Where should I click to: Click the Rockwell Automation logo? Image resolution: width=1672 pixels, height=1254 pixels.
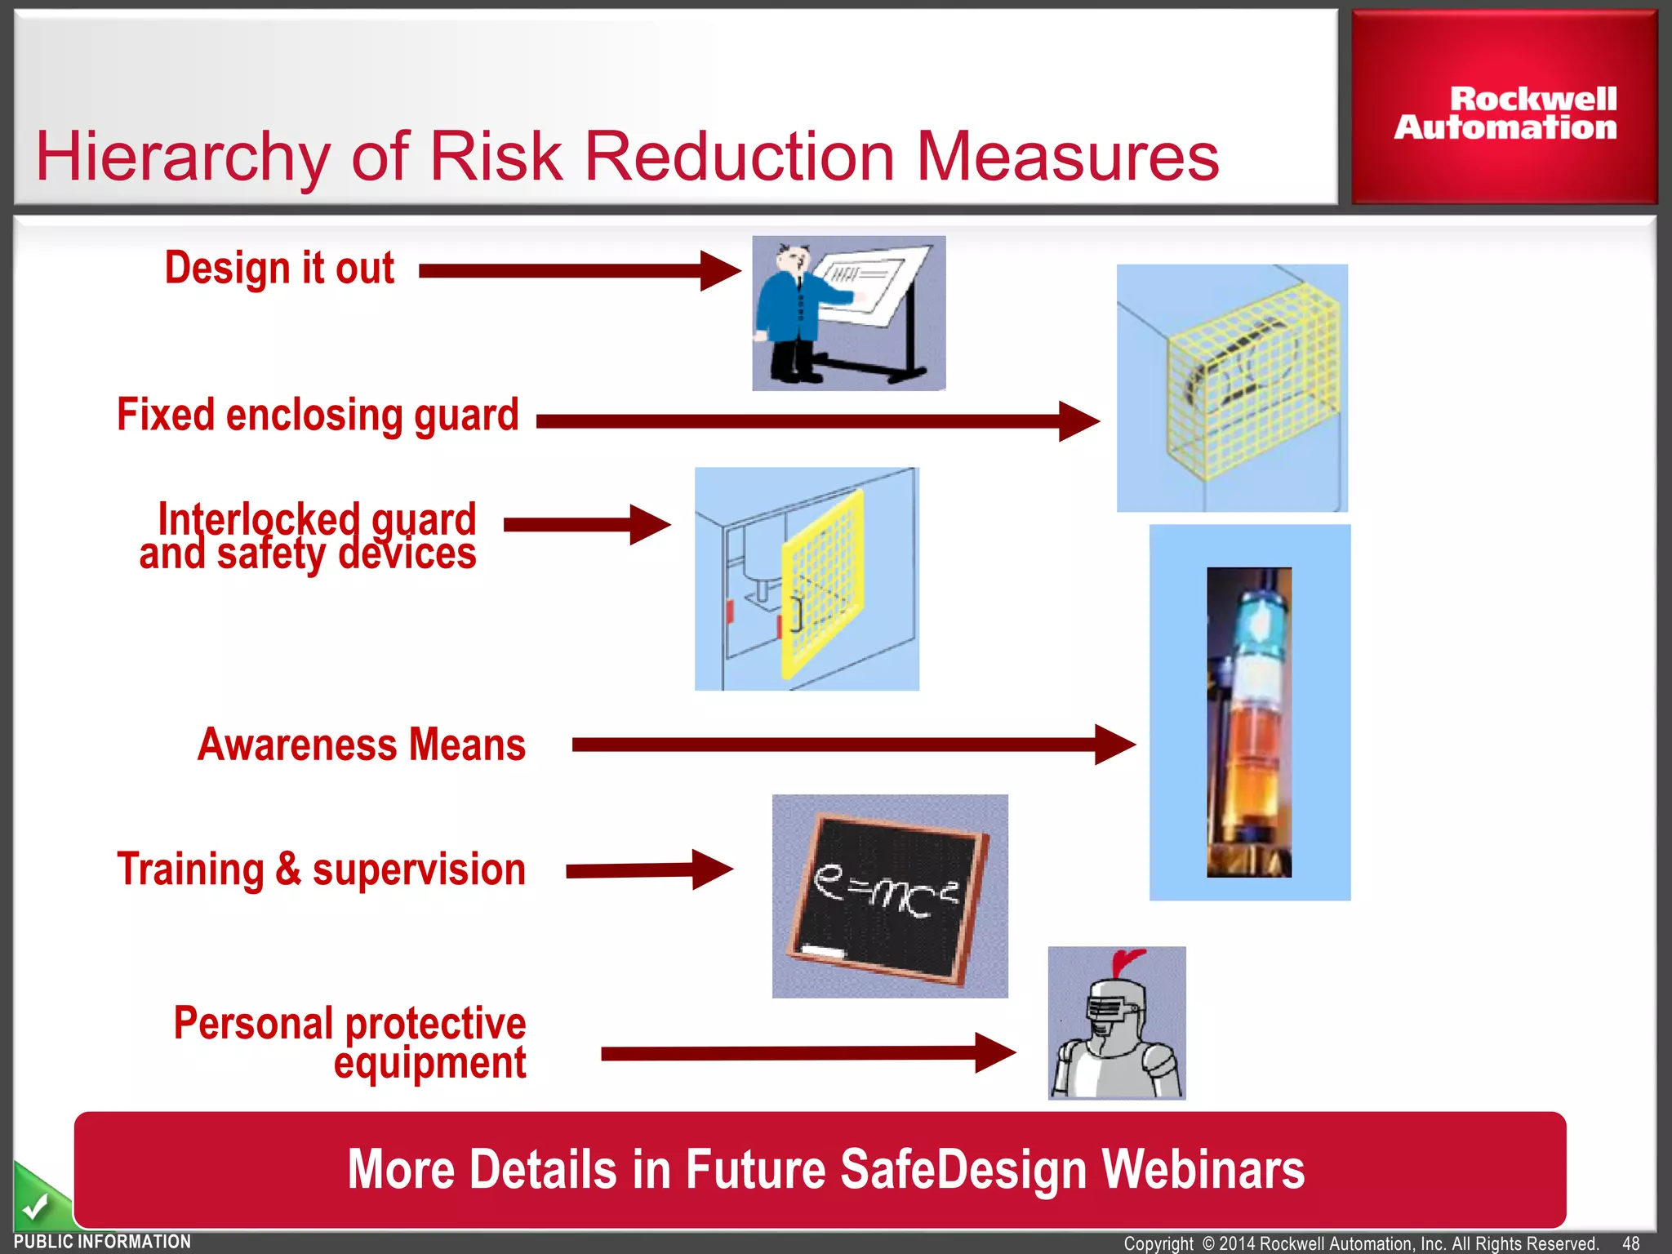pos(1505,113)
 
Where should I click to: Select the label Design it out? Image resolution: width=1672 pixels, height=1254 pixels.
pos(279,268)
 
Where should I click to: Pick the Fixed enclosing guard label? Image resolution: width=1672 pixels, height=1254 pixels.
pos(318,415)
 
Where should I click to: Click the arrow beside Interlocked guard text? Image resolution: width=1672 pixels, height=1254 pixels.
pos(586,524)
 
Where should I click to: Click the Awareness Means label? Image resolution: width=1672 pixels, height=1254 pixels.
pos(362,745)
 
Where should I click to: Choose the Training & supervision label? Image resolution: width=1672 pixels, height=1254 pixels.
pos(321,869)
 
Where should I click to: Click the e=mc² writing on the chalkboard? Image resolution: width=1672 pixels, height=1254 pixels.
pos(885,892)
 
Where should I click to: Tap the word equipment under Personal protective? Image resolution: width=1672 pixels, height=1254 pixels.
pos(429,1064)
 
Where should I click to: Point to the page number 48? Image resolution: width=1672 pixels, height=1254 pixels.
pos(1630,1243)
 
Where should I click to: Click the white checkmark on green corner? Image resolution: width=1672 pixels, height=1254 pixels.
pos(35,1205)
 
